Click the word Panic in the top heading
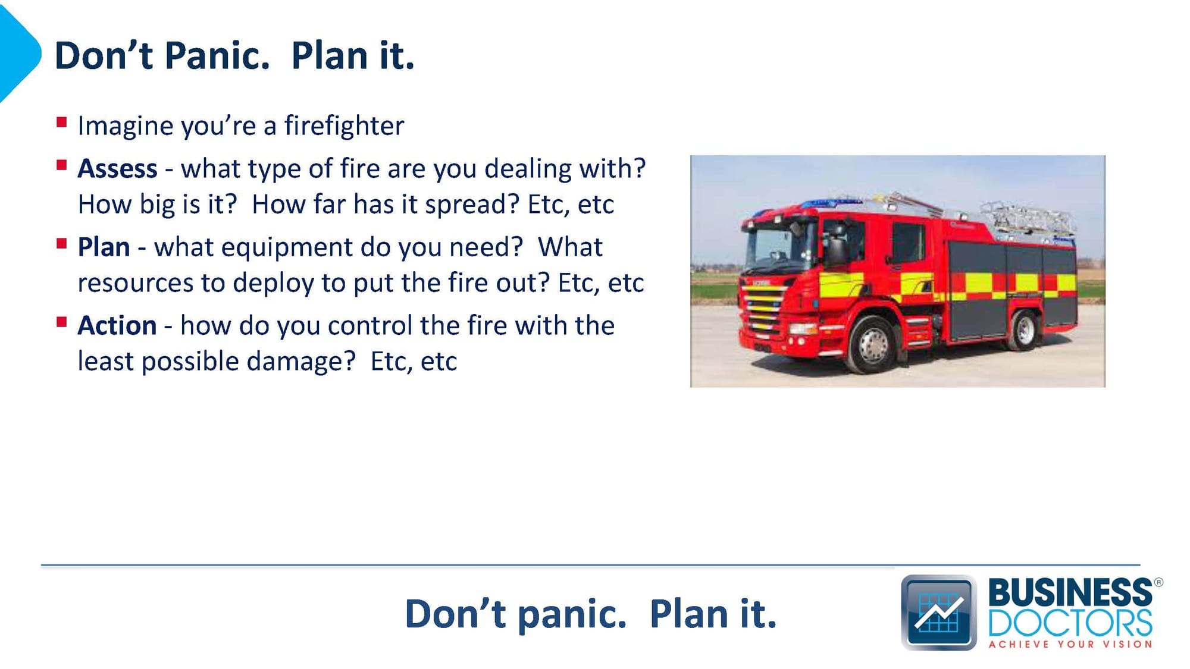click(217, 55)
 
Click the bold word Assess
click(117, 168)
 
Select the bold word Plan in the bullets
click(104, 247)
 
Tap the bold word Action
click(117, 325)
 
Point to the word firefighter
click(344, 125)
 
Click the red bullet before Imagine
click(61, 123)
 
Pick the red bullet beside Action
click(61, 322)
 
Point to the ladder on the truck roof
click(1026, 219)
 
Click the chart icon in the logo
click(939, 613)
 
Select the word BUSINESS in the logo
click(1070, 592)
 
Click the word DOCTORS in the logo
click(1070, 623)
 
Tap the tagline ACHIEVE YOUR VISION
click(1070, 644)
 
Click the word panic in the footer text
click(572, 614)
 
